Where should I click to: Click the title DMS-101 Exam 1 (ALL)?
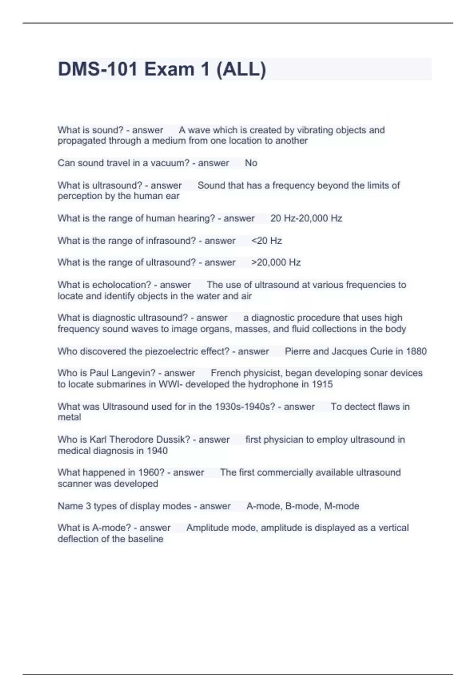click(162, 69)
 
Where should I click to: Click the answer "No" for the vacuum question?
click(251, 163)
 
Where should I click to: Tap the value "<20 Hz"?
click(267, 241)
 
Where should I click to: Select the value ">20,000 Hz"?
click(276, 262)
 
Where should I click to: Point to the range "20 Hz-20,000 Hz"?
click(306, 218)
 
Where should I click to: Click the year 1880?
click(416, 351)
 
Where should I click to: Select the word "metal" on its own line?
click(69, 417)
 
